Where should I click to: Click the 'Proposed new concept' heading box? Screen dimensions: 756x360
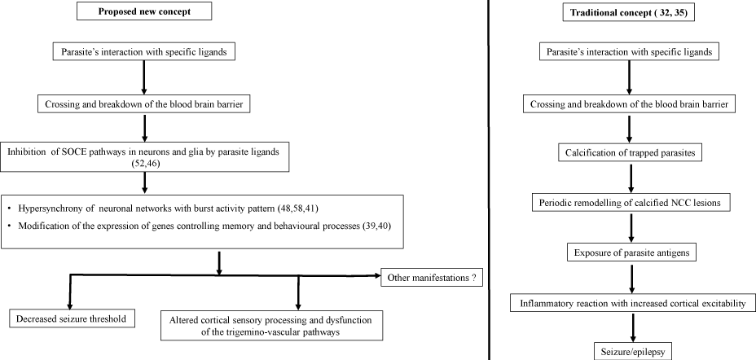144,12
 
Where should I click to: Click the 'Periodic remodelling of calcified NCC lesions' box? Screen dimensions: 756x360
631,203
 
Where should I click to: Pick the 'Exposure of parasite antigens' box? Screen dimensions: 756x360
631,252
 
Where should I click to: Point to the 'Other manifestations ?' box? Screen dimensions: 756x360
432,278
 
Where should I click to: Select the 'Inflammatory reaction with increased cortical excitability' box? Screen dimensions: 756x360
631,304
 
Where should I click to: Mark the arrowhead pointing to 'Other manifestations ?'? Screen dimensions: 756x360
376,275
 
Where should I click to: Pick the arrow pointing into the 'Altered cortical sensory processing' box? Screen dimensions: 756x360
298,292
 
